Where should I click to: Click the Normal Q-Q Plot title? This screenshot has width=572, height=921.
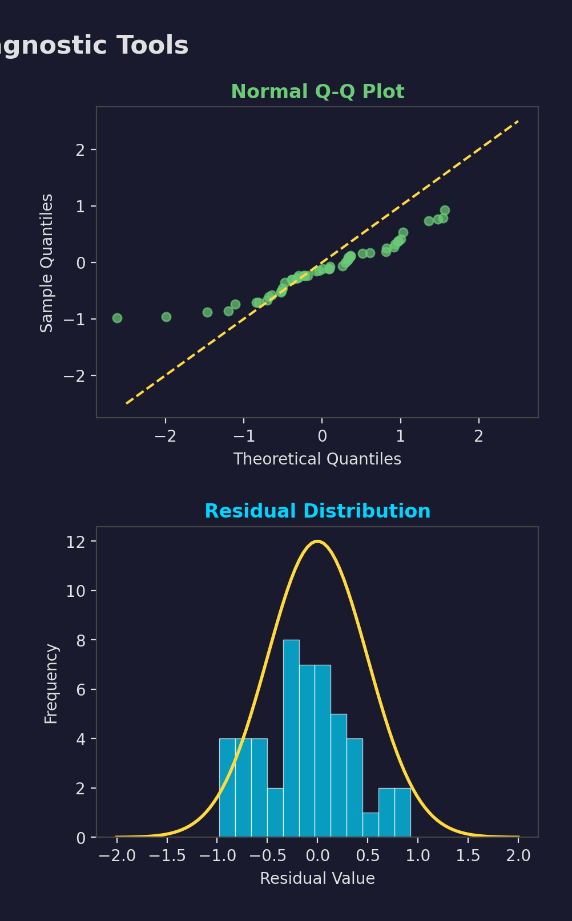[317, 92]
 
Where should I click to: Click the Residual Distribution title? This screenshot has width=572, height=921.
[317, 511]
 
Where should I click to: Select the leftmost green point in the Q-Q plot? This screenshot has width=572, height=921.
[117, 318]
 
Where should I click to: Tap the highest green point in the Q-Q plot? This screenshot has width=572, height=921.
[445, 210]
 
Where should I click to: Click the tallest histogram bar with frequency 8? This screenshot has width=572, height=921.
[291, 738]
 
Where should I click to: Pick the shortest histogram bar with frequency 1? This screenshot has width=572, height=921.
[370, 825]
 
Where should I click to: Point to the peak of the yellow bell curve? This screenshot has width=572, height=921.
[317, 541]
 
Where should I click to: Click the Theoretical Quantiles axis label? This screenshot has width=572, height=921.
[317, 459]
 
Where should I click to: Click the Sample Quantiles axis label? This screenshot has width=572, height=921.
[47, 262]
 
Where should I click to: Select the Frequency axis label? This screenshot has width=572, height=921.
[51, 684]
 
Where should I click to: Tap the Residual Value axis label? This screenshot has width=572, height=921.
[317, 879]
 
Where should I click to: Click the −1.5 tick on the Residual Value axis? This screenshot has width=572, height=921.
[167, 856]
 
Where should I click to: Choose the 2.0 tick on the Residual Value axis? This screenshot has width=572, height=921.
[518, 856]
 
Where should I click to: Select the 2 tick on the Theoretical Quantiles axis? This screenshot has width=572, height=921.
[478, 437]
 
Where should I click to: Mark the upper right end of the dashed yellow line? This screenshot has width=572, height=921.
[518, 121]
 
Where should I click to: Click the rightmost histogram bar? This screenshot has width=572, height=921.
[402, 813]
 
